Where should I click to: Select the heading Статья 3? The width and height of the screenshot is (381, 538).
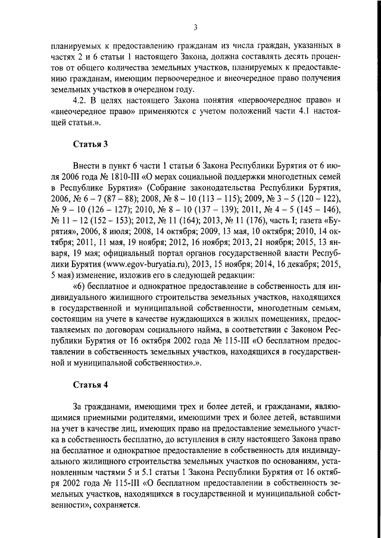point(90,144)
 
